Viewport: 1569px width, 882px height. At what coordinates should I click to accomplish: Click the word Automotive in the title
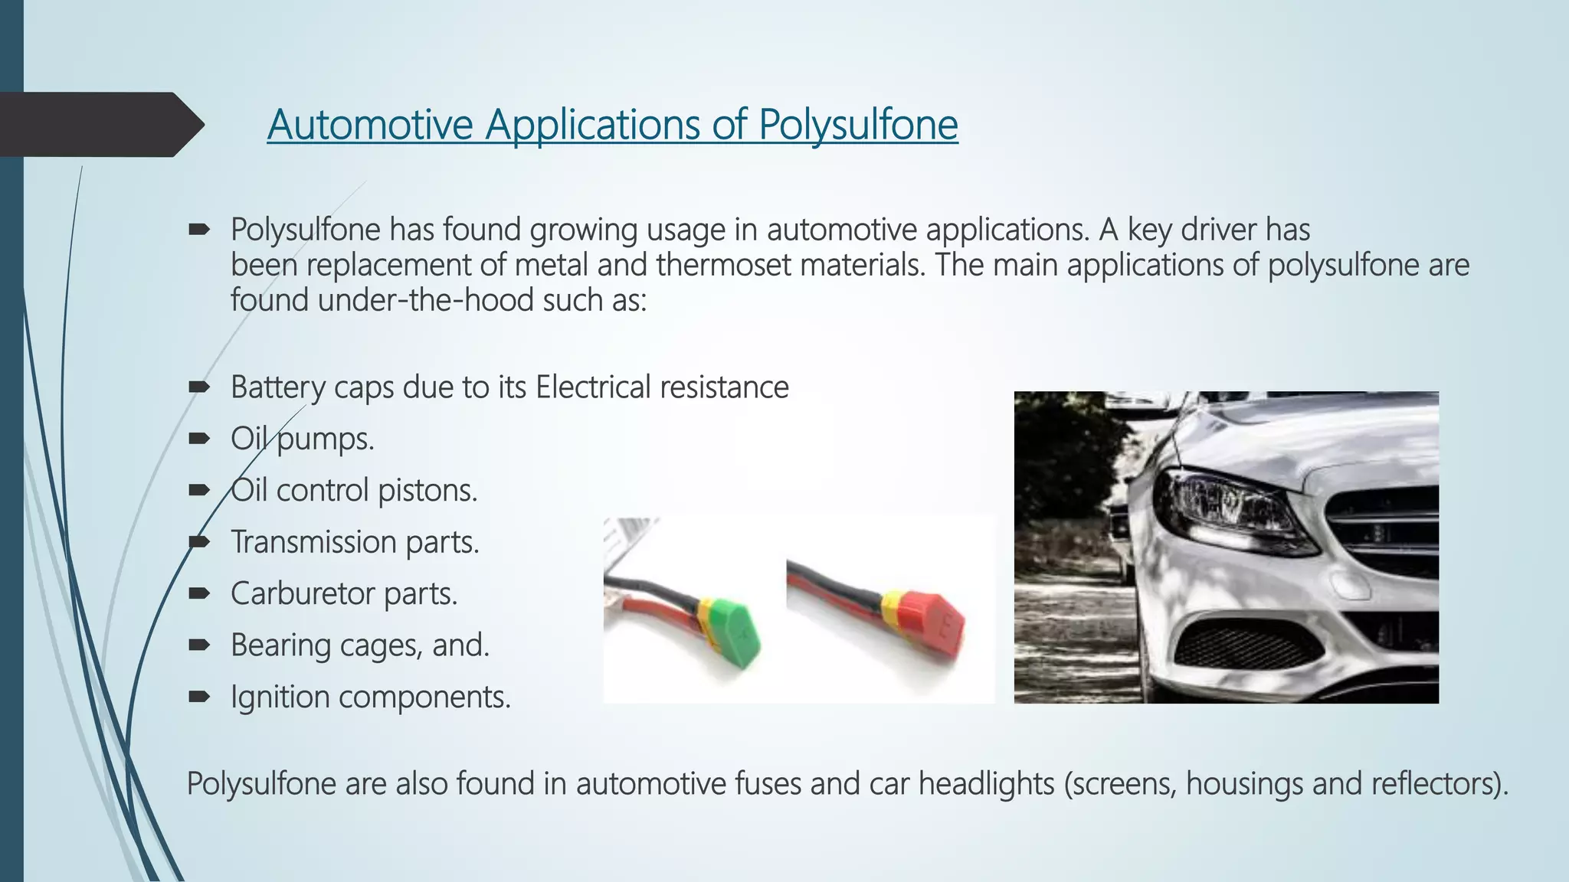tap(370, 125)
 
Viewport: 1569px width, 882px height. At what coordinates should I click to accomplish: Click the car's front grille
tap(1387, 528)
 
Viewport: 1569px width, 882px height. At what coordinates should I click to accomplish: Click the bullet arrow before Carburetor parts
tap(198, 593)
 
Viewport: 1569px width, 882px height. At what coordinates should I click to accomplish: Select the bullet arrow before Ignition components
tap(198, 697)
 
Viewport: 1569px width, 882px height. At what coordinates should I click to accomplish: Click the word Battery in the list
tap(277, 387)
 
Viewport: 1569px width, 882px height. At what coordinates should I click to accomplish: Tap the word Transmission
tap(313, 542)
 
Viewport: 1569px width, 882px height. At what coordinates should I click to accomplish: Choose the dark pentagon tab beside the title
tap(96, 124)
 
